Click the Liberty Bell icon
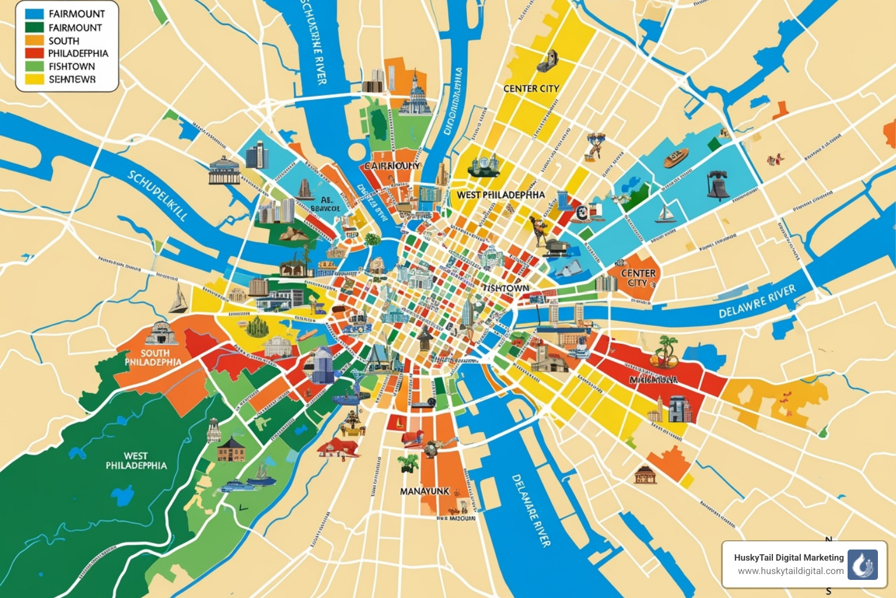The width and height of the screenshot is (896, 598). [717, 185]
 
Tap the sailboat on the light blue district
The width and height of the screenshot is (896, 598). [665, 214]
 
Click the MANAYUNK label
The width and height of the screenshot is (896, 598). [425, 491]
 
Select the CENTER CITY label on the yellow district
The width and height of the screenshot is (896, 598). [531, 89]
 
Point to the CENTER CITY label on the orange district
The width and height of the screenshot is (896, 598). [638, 277]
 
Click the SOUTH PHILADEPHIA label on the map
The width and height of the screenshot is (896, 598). [153, 357]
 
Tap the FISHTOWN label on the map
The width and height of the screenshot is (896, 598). [506, 288]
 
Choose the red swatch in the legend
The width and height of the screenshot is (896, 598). [34, 53]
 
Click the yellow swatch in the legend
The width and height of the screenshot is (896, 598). [34, 79]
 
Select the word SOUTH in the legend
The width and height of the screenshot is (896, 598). [64, 41]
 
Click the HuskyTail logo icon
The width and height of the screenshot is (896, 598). [862, 565]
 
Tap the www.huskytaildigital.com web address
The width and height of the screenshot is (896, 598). [790, 571]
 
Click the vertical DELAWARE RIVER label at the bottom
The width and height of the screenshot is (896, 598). [531, 510]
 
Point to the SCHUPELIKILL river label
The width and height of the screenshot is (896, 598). [158, 196]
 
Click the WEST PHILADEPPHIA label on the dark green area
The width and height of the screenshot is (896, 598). [136, 461]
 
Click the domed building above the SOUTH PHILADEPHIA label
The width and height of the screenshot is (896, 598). [160, 333]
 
